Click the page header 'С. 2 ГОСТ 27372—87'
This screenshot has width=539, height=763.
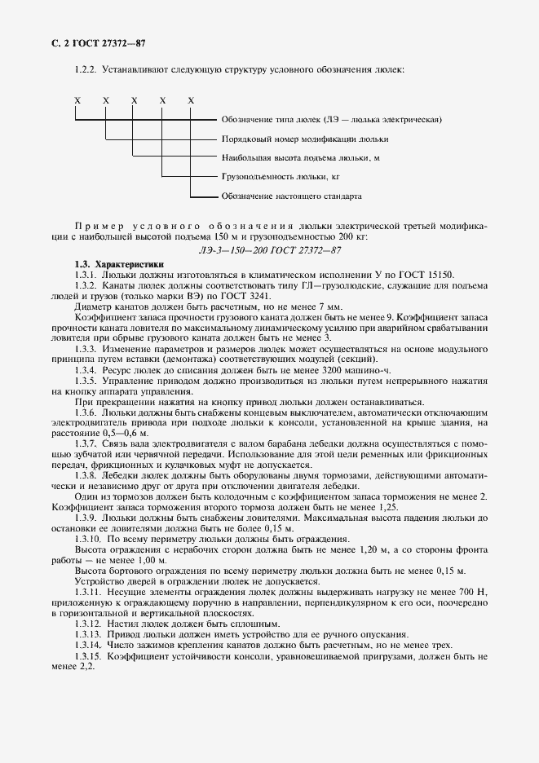(x=92, y=42)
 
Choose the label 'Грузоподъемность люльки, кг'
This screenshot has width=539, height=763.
(x=280, y=176)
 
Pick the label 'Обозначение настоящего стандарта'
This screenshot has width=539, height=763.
(x=291, y=196)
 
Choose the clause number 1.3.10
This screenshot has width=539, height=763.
(x=90, y=539)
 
